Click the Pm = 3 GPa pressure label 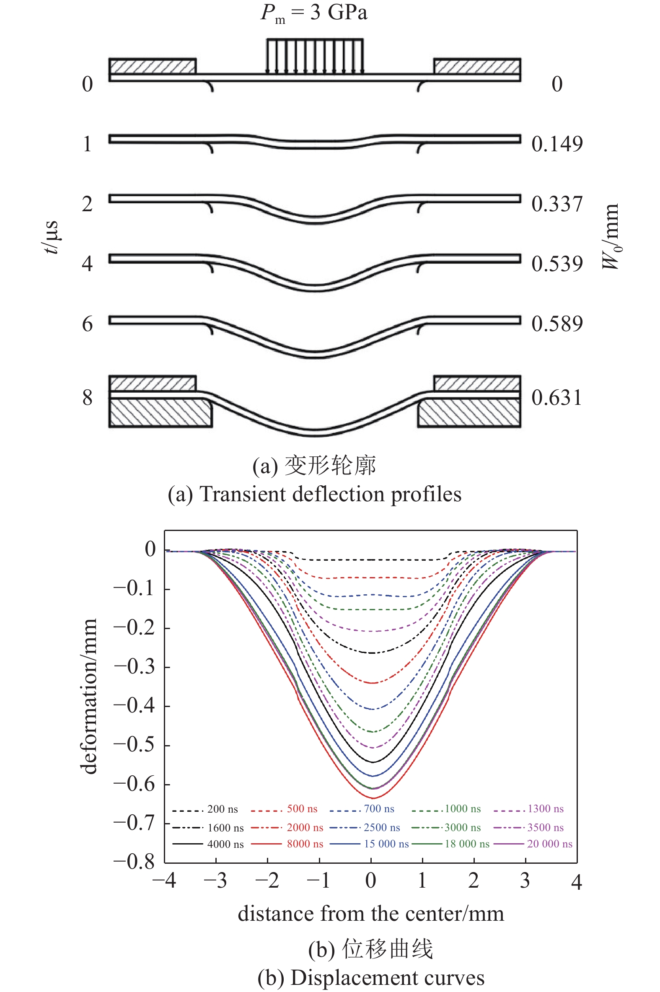pyautogui.click(x=314, y=13)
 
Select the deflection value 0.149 pyautogui.click(x=557, y=144)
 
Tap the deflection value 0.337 pyautogui.click(x=557, y=204)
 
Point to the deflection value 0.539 pyautogui.click(x=557, y=264)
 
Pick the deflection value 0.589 pyautogui.click(x=557, y=324)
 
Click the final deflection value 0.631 pyautogui.click(x=556, y=398)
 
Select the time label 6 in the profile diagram pyautogui.click(x=87, y=324)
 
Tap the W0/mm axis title pyautogui.click(x=610, y=236)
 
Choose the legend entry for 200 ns pyautogui.click(x=205, y=809)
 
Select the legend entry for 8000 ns pyautogui.click(x=287, y=844)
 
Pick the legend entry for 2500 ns pyautogui.click(x=365, y=827)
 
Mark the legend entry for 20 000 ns pyautogui.click(x=533, y=844)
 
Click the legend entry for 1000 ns pyautogui.click(x=446, y=809)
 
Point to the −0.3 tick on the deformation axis pyautogui.click(x=134, y=667)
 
